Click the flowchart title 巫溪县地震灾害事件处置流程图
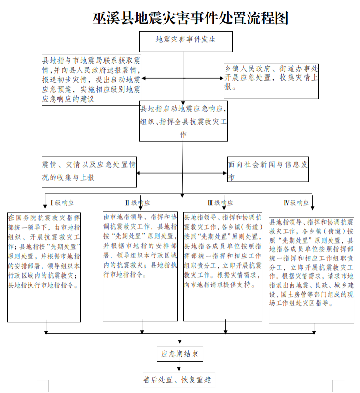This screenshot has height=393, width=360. coord(190,17)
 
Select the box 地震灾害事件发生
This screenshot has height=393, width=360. coord(186,41)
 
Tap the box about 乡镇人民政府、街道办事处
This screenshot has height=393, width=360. coord(271,81)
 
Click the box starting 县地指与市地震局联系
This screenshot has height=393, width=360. coord(91,80)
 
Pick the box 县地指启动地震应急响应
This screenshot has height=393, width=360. coord(183,121)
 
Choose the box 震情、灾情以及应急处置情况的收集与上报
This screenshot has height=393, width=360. coord(89,172)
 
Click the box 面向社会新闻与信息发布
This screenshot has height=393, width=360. coord(268,169)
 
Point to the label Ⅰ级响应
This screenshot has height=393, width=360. coord(62,203)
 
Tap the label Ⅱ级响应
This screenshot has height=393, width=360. coord(138,203)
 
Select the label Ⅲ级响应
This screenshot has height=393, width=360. coord(221,203)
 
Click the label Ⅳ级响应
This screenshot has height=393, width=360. coord(296,203)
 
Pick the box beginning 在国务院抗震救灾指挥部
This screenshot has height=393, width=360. coord(44,267)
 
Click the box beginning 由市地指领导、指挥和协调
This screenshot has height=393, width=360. coord(140,266)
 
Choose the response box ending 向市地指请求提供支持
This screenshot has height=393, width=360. coord(222,266)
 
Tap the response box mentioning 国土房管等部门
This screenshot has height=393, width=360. coord(311,270)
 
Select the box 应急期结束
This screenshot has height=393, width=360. coord(180,353)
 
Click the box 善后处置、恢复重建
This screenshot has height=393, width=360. coord(179,379)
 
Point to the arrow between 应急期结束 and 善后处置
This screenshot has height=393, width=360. coord(179,366)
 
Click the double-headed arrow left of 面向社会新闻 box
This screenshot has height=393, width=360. coord(181,173)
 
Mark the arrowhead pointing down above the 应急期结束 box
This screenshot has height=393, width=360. coord(180,341)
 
